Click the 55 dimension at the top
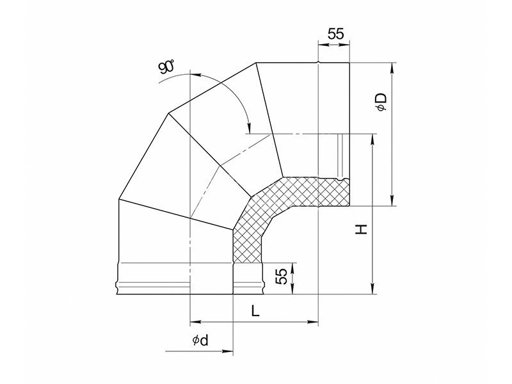(336, 34)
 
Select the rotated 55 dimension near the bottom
(282, 276)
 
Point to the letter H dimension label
(362, 229)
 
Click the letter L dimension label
(255, 311)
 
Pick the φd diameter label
(200, 340)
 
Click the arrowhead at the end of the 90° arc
(249, 127)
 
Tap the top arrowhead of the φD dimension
(392, 68)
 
